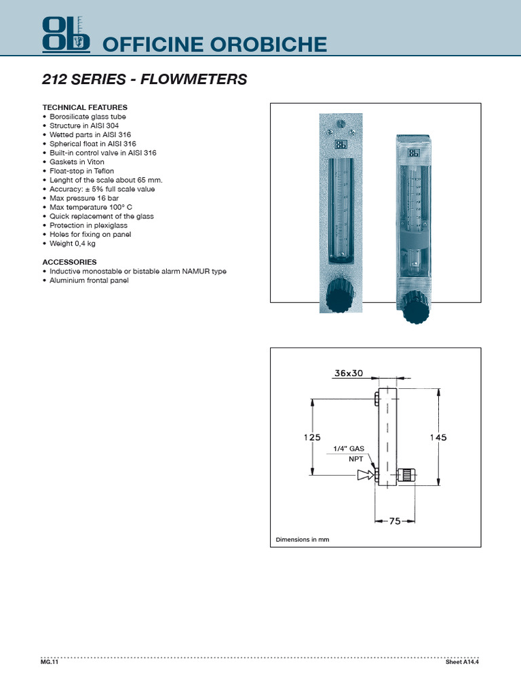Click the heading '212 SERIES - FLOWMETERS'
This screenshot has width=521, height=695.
[144, 80]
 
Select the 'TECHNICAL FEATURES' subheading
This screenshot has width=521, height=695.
[85, 107]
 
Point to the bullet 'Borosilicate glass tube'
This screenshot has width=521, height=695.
[88, 116]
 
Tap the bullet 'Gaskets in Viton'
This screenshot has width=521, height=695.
[75, 162]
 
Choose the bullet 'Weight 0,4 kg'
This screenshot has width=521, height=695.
[73, 243]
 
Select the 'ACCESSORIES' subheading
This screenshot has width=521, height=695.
[69, 262]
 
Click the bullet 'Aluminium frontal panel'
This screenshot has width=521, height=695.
[89, 280]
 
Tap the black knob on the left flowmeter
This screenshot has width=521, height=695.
[339, 296]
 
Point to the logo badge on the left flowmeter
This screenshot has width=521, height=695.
[340, 144]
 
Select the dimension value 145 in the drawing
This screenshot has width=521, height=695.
[438, 438]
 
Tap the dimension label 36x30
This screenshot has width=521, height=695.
[349, 373]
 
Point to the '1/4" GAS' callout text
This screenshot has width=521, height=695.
[349, 449]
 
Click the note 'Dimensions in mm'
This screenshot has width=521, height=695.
[302, 540]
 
